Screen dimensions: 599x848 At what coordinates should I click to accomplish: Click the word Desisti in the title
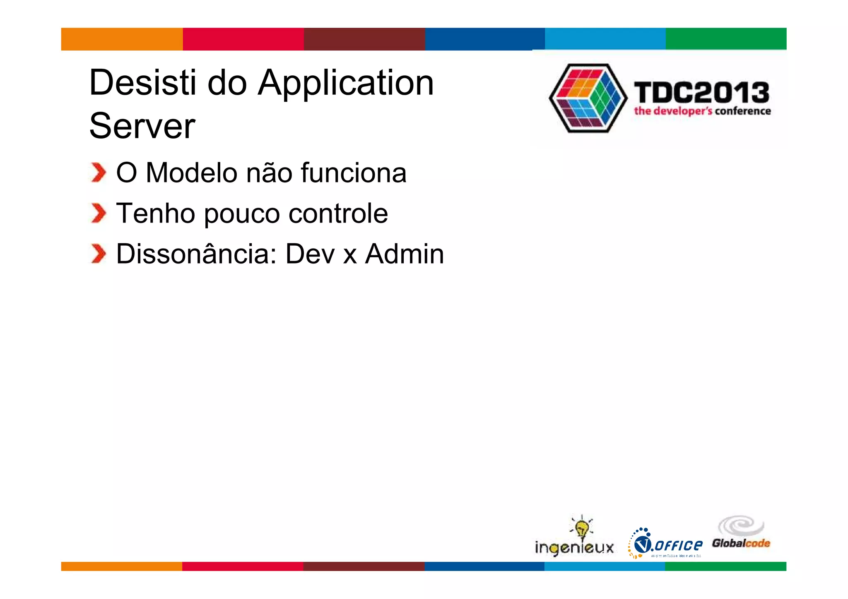142,83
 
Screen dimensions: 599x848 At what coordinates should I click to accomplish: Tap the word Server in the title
142,126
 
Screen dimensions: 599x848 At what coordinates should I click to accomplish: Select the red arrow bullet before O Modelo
99,173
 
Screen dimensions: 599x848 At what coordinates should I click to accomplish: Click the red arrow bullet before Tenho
99,213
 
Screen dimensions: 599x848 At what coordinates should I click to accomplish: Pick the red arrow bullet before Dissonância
99,254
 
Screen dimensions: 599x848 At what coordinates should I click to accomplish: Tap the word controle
338,213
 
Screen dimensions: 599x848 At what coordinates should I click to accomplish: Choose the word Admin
404,254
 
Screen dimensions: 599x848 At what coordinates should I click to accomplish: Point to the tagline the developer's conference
702,111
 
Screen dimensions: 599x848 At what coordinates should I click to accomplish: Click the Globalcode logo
741,534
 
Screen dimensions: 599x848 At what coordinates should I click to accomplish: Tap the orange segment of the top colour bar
122,39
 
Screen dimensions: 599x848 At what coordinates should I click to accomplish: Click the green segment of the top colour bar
725,39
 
